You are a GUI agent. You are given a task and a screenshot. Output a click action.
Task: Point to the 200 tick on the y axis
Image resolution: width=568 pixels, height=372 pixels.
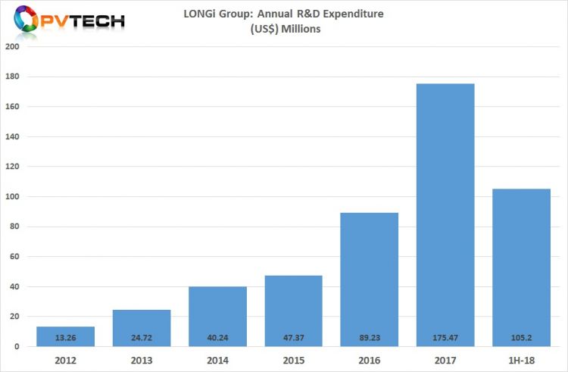[x=13, y=47]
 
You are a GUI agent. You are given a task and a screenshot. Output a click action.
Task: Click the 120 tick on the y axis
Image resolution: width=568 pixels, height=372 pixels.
[x=13, y=167]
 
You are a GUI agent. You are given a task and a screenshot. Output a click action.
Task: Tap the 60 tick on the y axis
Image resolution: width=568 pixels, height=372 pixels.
[x=15, y=256]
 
